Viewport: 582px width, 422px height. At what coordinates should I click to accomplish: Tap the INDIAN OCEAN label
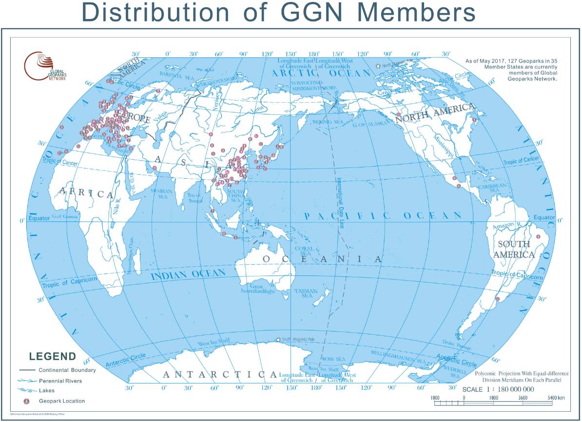188,275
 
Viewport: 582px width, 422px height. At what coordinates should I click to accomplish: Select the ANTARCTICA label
220,374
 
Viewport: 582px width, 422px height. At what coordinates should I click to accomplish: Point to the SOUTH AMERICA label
514,249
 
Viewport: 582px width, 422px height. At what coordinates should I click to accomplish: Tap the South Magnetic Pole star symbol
278,339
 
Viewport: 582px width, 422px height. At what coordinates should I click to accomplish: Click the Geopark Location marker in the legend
27,401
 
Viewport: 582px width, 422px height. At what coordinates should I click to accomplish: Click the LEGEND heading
53,356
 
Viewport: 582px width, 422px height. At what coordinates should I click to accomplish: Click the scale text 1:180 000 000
498,389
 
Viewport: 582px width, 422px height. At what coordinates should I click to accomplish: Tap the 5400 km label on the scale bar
556,398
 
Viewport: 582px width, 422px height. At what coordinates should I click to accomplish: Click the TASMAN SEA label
307,293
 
